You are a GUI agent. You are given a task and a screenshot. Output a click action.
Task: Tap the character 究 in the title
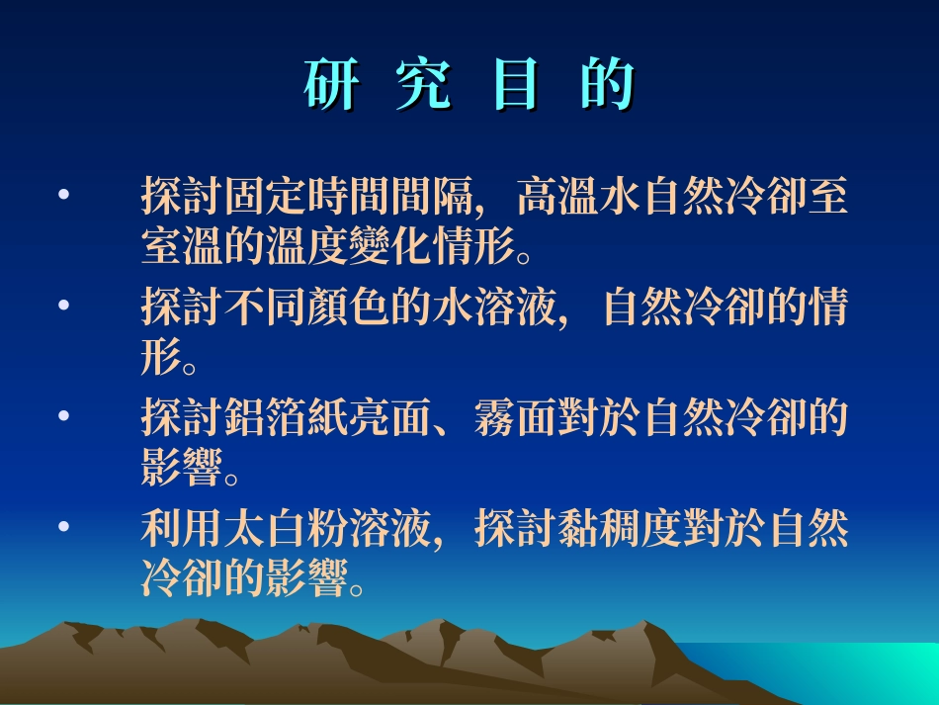tap(422, 86)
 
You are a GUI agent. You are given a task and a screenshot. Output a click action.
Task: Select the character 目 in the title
tap(514, 86)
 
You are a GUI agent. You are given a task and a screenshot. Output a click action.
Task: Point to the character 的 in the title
tap(606, 86)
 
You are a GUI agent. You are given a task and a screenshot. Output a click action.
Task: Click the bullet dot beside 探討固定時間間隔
tap(64, 196)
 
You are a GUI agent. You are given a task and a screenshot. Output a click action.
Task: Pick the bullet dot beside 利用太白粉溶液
tap(64, 529)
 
